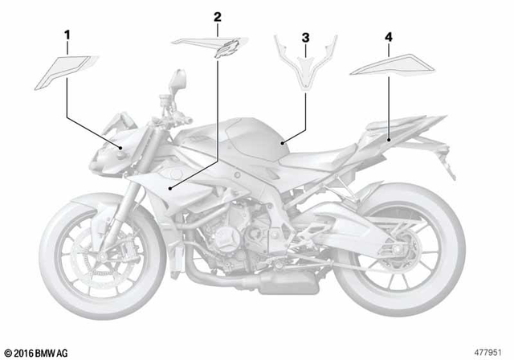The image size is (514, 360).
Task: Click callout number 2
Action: pos(217,15)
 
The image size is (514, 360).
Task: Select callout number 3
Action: pos(305,37)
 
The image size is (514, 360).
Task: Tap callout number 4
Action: pos(389,37)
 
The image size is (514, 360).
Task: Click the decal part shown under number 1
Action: pos(65,71)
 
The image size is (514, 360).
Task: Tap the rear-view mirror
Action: pos(178,81)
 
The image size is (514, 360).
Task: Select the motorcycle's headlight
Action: pos(104,157)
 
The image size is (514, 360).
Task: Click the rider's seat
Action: pos(337,149)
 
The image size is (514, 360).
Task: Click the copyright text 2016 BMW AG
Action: pos(37,352)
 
